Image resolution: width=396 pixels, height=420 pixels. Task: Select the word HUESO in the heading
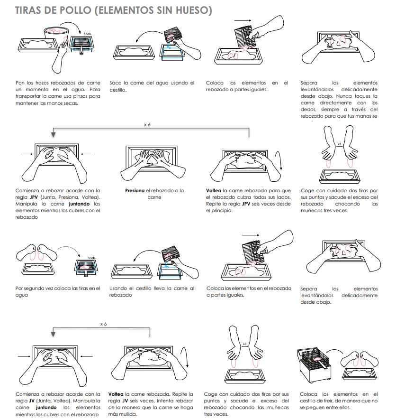click(x=189, y=10)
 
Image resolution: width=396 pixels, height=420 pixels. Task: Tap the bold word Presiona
click(x=135, y=191)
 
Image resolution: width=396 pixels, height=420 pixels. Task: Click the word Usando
click(x=118, y=288)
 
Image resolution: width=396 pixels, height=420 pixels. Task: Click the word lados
click(x=281, y=197)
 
